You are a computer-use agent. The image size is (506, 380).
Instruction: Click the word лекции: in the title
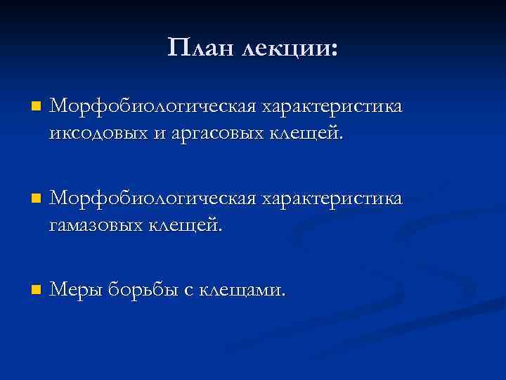pyautogui.click(x=289, y=48)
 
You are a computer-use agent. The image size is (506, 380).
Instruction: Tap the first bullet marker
pyautogui.click(x=36, y=107)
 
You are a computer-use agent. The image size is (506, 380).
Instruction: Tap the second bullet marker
pyautogui.click(x=36, y=199)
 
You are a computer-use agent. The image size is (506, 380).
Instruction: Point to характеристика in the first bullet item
pyautogui.click(x=332, y=107)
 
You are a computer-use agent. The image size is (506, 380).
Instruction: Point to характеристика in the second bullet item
pyautogui.click(x=332, y=199)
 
